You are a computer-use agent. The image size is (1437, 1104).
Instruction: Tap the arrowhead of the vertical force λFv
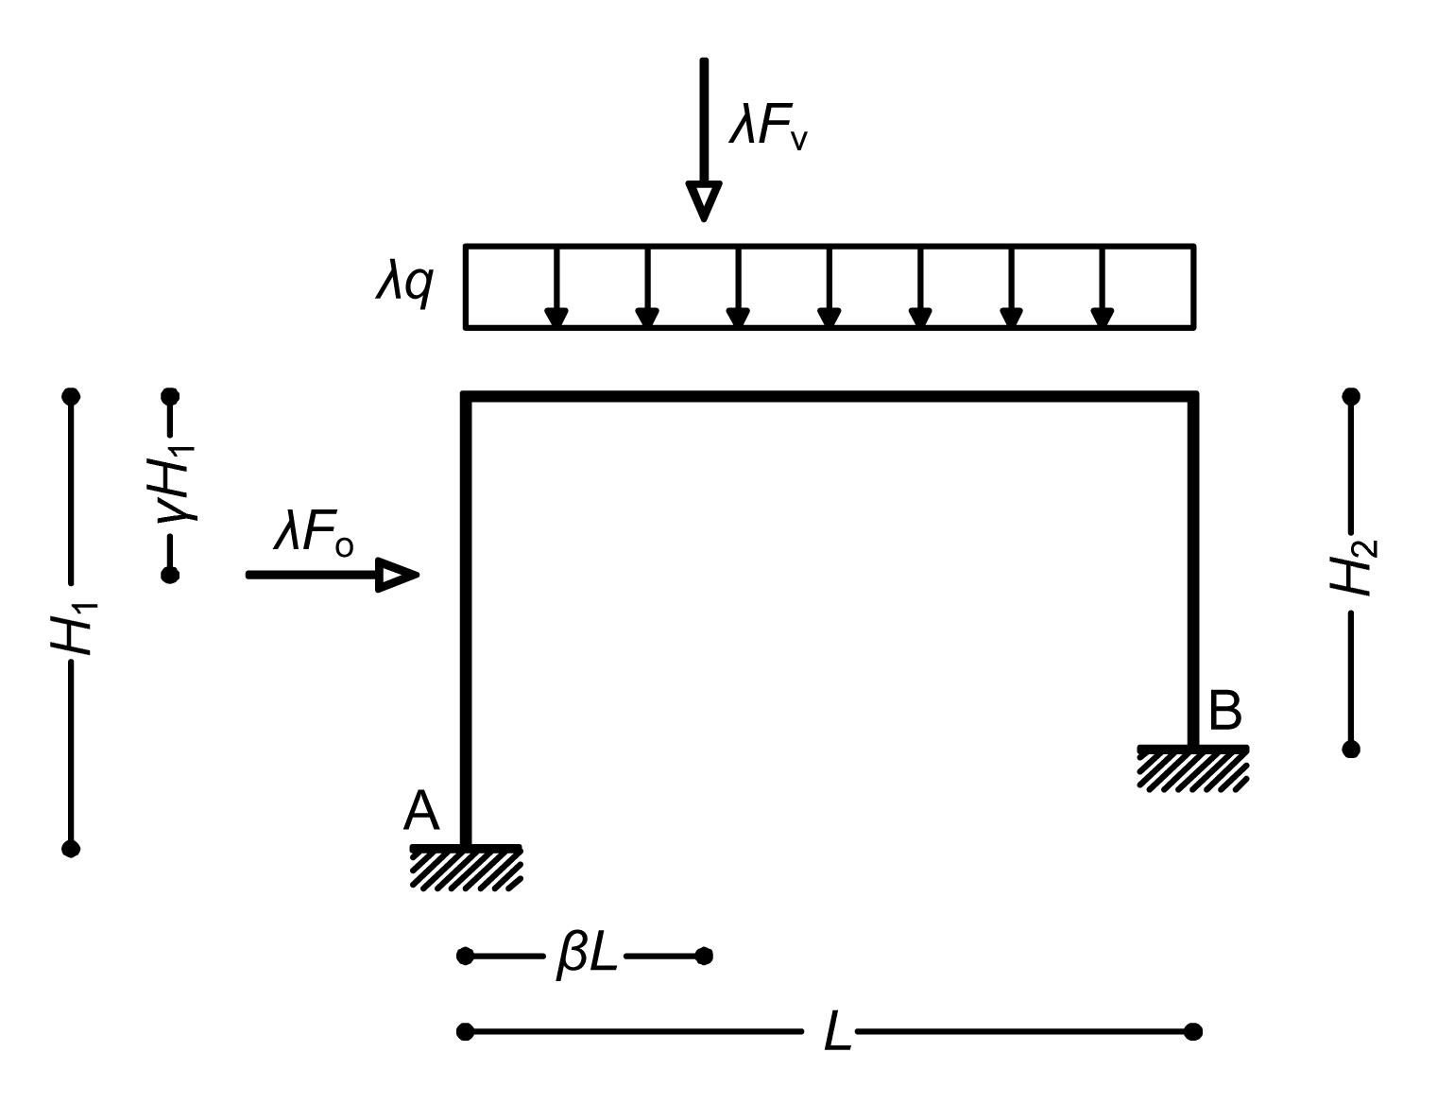tap(703, 199)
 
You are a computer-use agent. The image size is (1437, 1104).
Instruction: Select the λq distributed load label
tap(405, 282)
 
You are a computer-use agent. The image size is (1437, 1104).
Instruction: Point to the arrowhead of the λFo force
tap(398, 574)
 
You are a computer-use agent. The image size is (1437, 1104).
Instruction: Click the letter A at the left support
tap(421, 811)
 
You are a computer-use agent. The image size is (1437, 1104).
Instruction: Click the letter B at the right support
tap(1224, 711)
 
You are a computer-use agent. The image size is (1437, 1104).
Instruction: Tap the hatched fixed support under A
tap(466, 868)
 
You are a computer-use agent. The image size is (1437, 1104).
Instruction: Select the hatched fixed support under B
tap(1193, 768)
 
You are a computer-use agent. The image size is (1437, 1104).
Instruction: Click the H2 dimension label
tap(1354, 567)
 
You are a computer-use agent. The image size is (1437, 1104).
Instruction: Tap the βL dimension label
tap(587, 956)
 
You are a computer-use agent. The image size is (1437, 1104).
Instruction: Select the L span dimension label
tap(837, 1031)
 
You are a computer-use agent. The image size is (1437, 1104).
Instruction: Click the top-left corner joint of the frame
tap(466, 396)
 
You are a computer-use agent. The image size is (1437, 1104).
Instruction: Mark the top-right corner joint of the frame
tap(1193, 396)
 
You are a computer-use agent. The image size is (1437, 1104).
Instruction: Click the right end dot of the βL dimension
tap(704, 956)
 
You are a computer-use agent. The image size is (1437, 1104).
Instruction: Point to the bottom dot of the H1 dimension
tap(71, 848)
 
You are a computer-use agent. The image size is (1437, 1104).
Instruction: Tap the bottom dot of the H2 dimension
tap(1351, 749)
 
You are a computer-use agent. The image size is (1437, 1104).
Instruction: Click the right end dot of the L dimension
tap(1193, 1030)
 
